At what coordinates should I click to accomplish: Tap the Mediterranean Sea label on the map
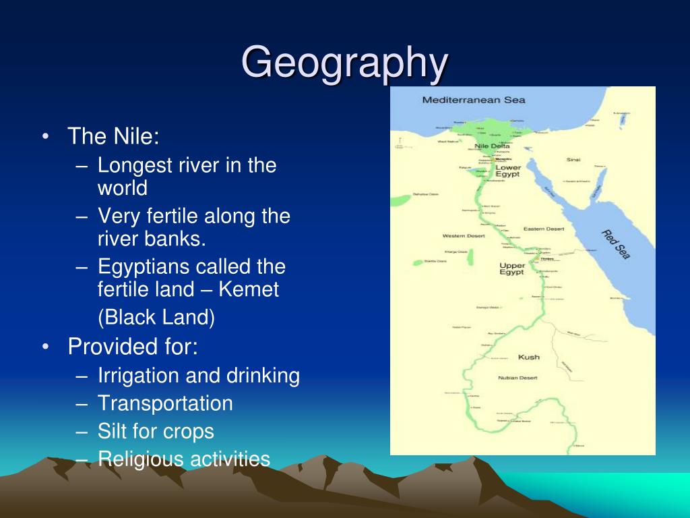pyautogui.click(x=473, y=100)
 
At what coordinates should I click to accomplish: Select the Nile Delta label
pyautogui.click(x=492, y=146)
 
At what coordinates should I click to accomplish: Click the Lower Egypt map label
pyautogui.click(x=508, y=171)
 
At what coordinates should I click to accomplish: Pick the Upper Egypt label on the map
pyautogui.click(x=512, y=268)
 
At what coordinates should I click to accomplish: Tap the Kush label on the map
pyautogui.click(x=528, y=357)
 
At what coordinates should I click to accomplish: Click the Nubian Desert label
pyautogui.click(x=517, y=378)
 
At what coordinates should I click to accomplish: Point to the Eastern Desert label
pyautogui.click(x=544, y=229)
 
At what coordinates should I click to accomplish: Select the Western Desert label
pyautogui.click(x=464, y=235)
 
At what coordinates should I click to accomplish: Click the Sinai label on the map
pyautogui.click(x=573, y=160)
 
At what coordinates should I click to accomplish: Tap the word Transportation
pyautogui.click(x=165, y=403)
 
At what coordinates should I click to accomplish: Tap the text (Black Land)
pyautogui.click(x=156, y=318)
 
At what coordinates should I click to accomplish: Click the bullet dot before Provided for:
pyautogui.click(x=45, y=347)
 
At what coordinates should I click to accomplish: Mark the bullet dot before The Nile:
pyautogui.click(x=45, y=137)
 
